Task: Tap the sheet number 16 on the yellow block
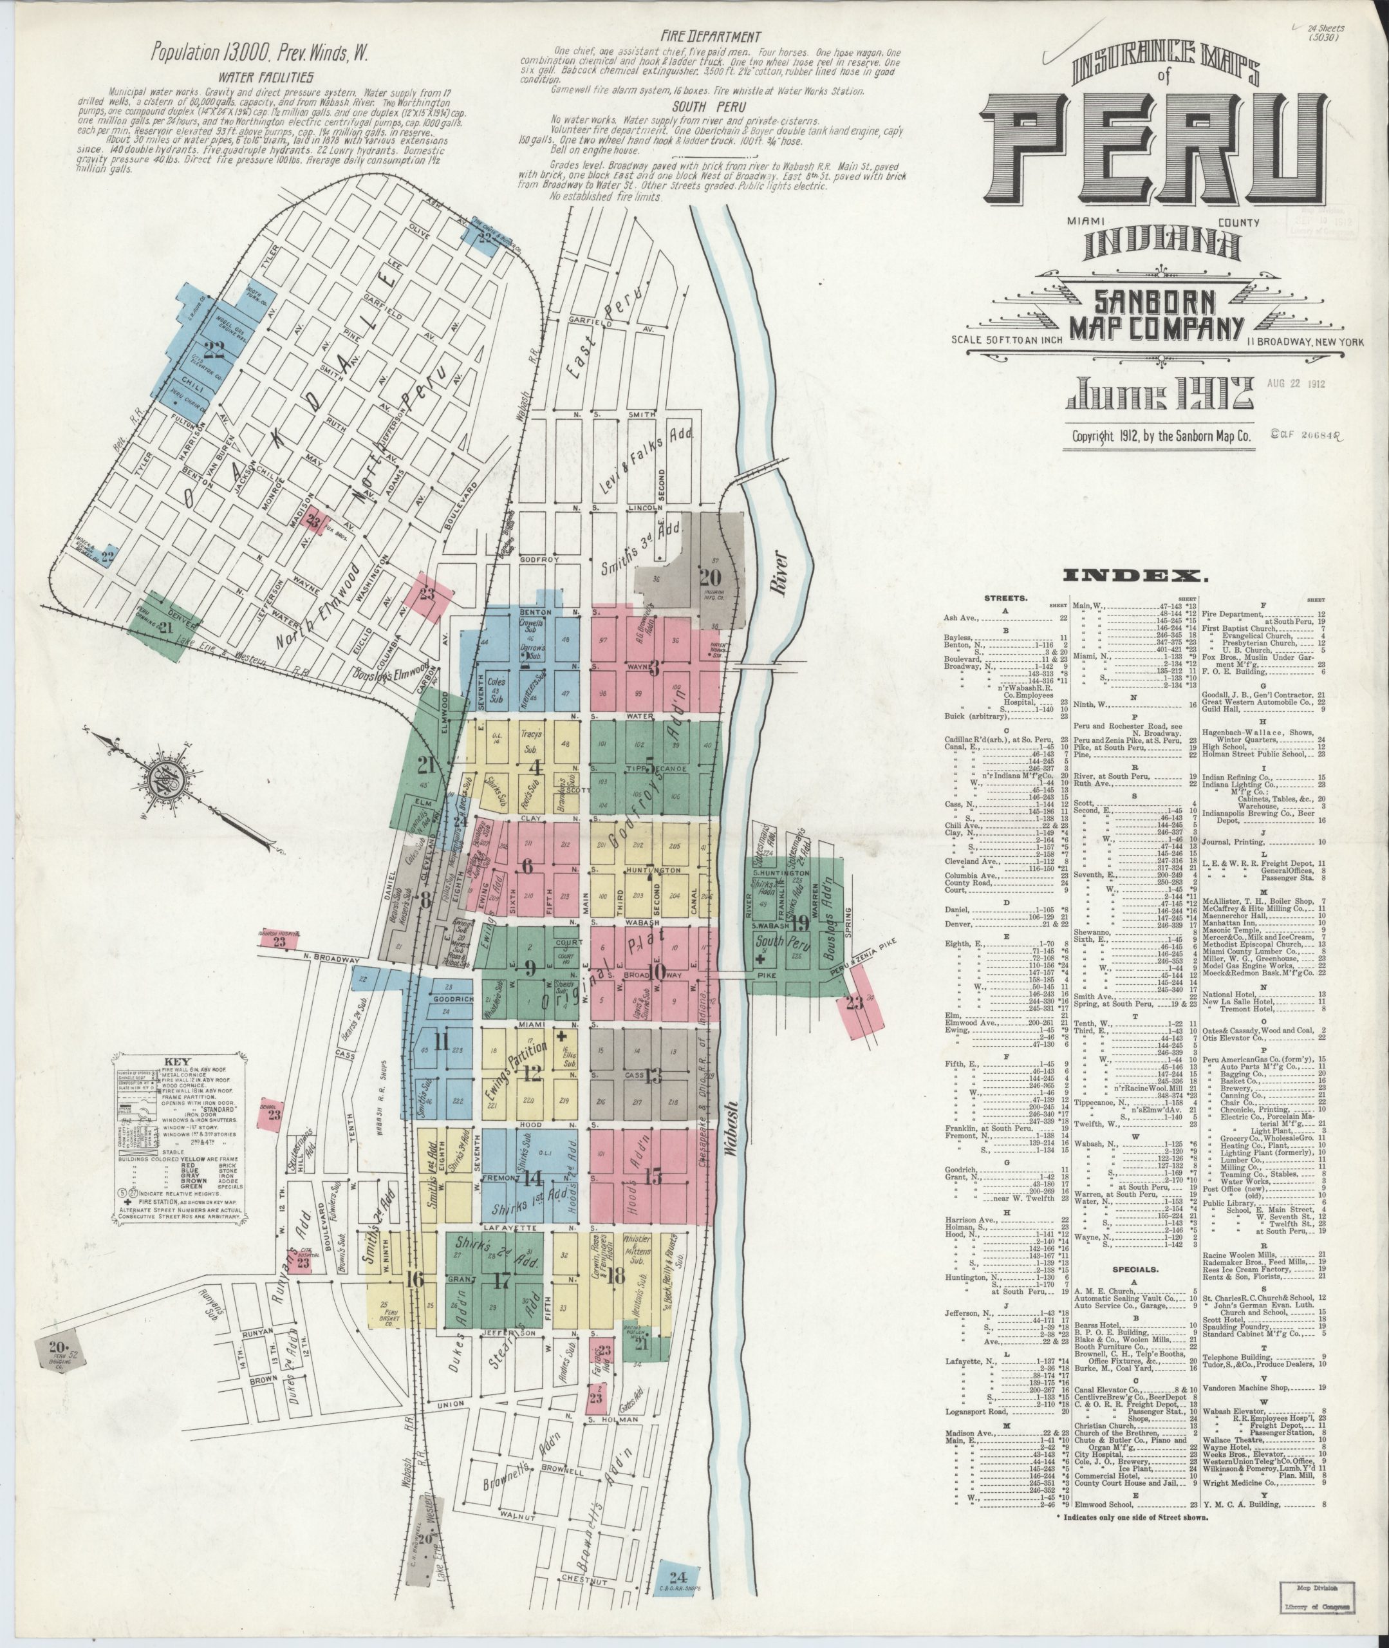[415, 1280]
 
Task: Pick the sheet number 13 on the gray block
[653, 1076]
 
